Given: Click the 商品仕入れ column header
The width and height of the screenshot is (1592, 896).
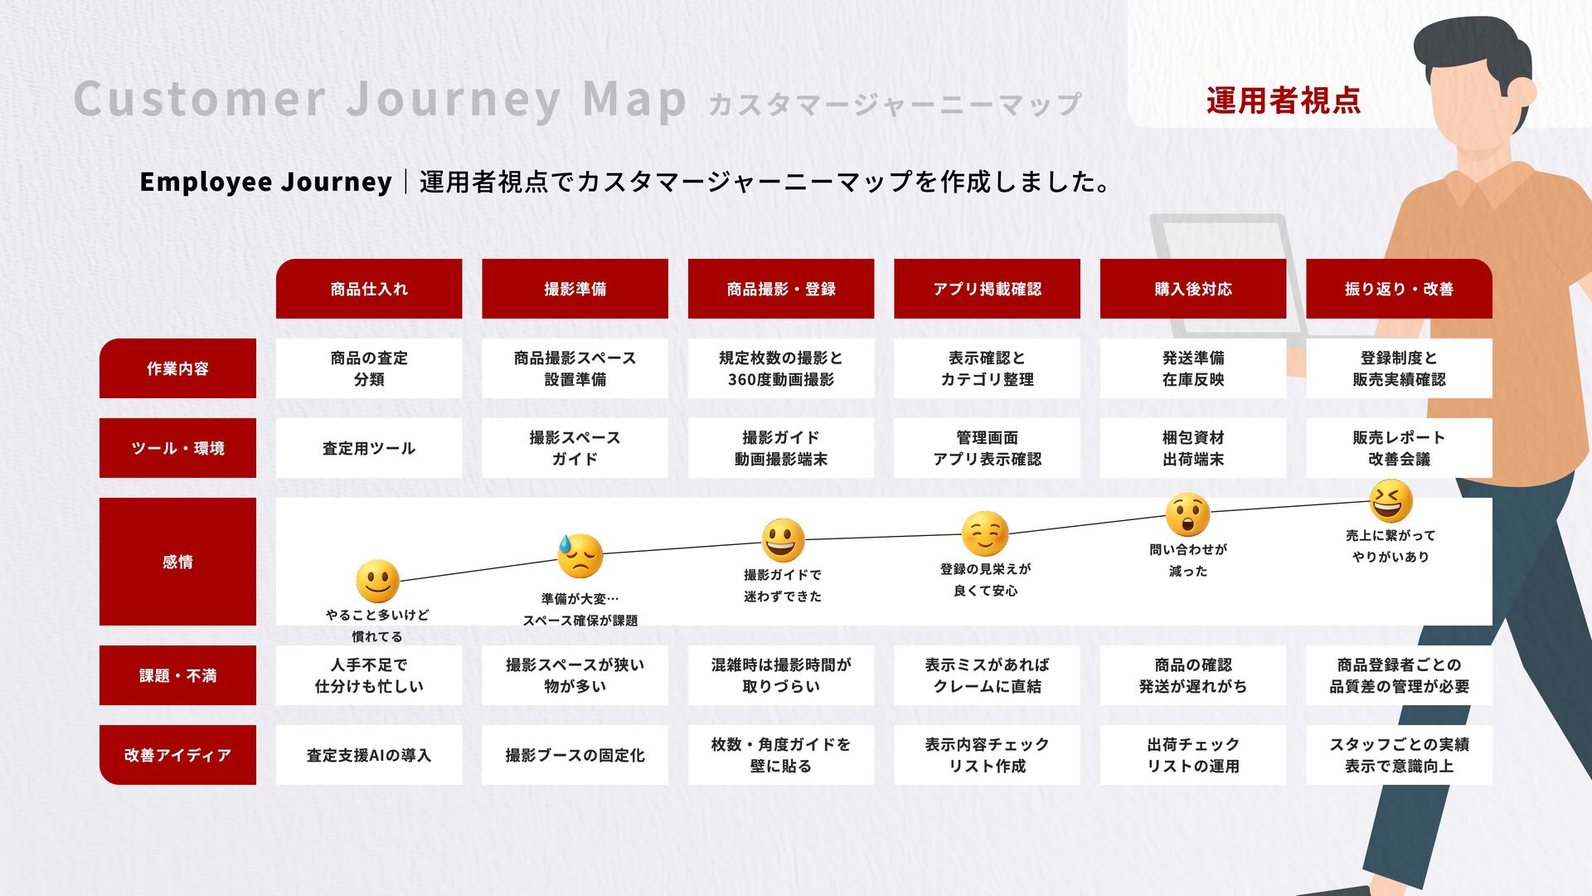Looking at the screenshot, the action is pos(369,289).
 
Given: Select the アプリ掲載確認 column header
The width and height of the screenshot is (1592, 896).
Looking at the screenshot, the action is pos(987,289).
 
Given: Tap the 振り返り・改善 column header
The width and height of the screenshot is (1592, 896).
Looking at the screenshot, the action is pos(1399,289).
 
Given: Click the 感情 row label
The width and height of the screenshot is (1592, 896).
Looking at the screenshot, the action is pos(177,562).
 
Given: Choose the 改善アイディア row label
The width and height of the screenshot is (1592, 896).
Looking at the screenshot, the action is pos(177,755).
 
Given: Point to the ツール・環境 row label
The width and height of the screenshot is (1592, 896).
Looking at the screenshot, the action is pos(177,448).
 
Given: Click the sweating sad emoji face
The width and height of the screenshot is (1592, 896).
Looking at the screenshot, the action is pos(579,556).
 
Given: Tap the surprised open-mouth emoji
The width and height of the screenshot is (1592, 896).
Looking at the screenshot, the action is pos(1187,514).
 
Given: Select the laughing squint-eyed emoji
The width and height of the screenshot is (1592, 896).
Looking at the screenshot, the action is pos(1391,501).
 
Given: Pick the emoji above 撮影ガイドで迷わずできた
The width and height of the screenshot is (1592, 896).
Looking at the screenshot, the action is pos(783,540).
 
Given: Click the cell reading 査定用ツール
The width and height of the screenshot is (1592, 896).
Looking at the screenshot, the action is pos(369,448).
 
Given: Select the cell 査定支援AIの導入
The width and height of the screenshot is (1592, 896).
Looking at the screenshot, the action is pos(369,755).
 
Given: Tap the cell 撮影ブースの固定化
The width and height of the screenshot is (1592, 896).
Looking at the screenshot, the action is pos(575,755).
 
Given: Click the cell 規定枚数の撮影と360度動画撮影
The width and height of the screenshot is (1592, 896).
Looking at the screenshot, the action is pos(781,368).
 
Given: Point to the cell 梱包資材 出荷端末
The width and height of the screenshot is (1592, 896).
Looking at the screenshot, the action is pos(1193,448).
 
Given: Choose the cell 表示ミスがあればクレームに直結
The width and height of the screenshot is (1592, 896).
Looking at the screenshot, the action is pos(987,675).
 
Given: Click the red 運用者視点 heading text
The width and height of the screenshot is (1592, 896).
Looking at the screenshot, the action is pos(1283,100).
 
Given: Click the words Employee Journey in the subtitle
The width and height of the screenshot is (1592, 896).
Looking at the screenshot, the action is pos(265,182).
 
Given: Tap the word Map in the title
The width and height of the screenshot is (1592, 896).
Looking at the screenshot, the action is pos(634,100).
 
